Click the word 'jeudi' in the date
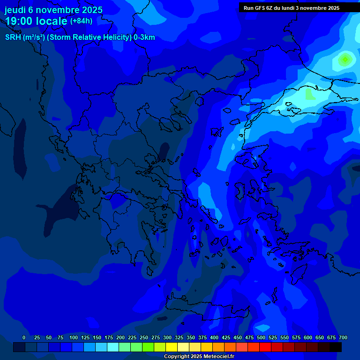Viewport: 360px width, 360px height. (15, 10)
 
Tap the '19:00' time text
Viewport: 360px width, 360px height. (20, 22)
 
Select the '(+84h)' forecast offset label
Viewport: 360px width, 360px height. (81, 21)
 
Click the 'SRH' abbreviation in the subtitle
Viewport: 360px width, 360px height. (13, 37)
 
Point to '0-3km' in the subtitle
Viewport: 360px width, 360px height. (144, 37)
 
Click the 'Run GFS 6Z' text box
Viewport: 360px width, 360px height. (292, 8)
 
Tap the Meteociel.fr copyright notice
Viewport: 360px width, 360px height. (199, 356)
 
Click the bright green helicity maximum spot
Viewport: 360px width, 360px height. (345, 60)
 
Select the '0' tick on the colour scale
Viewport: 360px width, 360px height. (24, 337)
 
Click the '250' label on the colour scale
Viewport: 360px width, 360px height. (144, 337)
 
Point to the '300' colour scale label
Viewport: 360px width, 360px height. (167, 337)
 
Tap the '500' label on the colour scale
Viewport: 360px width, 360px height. (261, 337)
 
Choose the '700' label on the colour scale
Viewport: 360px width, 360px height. (343, 337)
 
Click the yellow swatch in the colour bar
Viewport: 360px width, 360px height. (172, 347)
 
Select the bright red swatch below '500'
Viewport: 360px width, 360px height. (265, 347)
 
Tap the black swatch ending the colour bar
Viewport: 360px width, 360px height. (336, 347)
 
